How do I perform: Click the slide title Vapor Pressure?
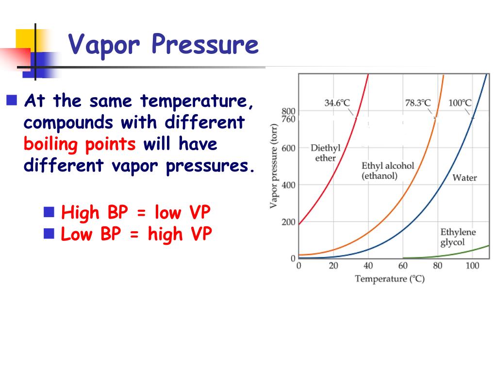163,45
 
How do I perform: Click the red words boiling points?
80,144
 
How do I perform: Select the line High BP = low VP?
136,212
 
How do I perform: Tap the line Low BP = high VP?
136,234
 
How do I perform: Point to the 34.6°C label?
337,103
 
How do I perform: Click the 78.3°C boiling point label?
417,103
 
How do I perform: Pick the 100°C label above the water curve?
460,103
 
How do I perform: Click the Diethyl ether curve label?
325,153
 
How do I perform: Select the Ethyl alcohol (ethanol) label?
388,170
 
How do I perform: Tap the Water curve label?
464,178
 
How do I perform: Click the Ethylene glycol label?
458,237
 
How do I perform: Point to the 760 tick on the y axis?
288,119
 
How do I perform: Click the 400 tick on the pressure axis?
288,185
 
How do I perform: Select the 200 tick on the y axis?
288,222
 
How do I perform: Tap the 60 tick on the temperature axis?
403,266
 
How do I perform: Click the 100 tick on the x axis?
472,266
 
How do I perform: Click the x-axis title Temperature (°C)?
389,279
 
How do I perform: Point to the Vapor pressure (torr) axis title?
274,166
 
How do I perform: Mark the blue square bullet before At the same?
12,101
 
